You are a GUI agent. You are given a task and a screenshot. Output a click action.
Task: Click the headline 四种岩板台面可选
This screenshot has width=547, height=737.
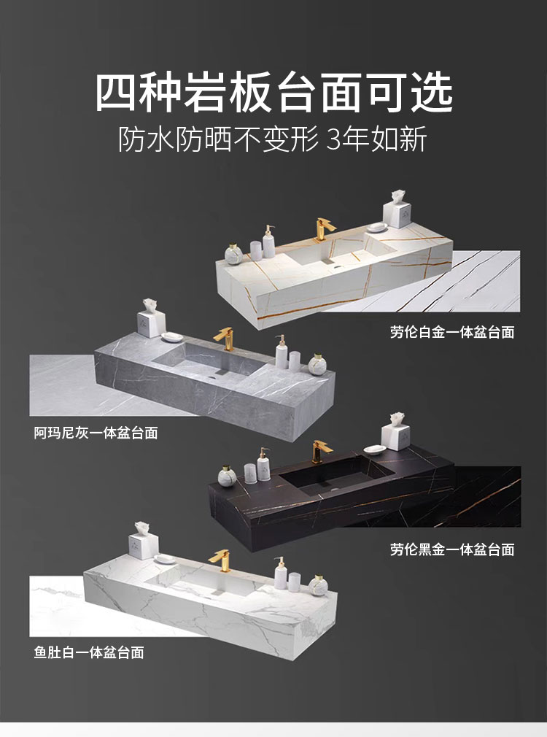coord(273,93)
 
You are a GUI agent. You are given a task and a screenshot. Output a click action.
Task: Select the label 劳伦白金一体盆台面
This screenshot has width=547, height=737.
coord(452,333)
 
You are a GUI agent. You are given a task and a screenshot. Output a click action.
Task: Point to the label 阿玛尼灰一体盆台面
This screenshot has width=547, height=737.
coord(96,433)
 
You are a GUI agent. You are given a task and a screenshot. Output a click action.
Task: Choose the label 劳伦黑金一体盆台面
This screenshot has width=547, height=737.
coord(452,549)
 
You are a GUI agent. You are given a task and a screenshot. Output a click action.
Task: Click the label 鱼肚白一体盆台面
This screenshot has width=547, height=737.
coord(88,652)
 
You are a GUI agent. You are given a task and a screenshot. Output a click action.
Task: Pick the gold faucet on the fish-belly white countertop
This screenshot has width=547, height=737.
coord(219,560)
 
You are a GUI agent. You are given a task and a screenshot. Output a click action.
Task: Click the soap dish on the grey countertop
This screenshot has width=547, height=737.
coord(174,336)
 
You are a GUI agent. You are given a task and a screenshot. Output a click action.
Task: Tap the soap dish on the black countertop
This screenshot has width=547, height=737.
coord(373,449)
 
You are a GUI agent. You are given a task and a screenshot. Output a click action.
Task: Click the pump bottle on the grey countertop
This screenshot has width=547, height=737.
coord(281,352)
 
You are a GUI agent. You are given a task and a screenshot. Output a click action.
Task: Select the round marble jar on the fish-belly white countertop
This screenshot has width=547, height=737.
coord(317,587)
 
